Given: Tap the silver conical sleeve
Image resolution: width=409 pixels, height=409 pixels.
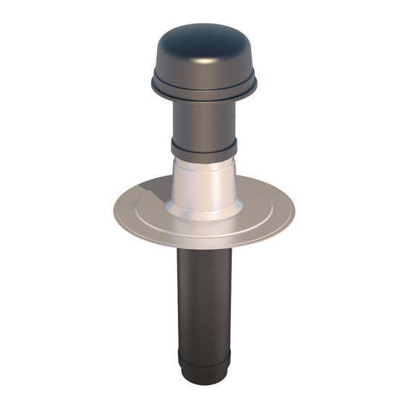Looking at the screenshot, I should click(x=204, y=181).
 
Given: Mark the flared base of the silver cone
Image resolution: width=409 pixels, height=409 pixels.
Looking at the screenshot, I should click(x=205, y=212).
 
